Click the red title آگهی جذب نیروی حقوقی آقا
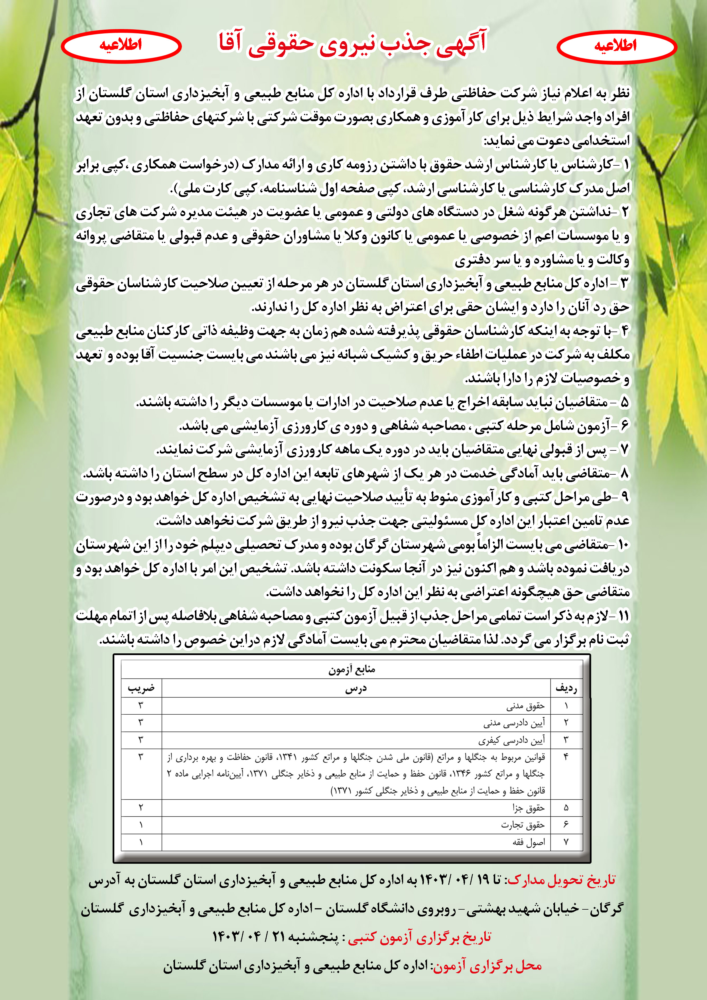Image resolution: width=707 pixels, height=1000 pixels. [x=352, y=44]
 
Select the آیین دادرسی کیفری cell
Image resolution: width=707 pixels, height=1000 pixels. [x=511, y=740]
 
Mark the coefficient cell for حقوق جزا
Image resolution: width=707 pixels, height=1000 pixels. [x=141, y=808]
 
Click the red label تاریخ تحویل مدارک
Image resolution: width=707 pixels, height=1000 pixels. [x=562, y=880]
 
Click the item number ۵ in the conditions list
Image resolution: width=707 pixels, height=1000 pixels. [x=625, y=402]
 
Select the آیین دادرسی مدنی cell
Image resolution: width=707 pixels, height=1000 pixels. [x=514, y=723]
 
